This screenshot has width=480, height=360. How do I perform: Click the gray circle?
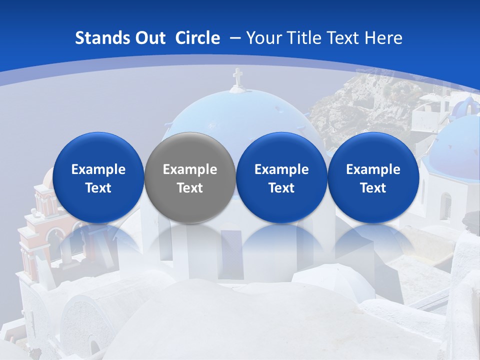coord(189,177)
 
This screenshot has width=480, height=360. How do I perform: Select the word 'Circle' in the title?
coord(197,38)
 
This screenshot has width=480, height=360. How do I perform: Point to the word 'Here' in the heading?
coord(384,38)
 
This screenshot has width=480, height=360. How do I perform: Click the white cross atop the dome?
coord(237,77)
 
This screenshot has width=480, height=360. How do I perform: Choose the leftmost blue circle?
coord(98,177)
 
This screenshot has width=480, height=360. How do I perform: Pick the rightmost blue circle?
coord(373,177)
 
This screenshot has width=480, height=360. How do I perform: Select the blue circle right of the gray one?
coord(281,177)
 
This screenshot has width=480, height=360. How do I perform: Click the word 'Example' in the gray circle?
coord(190,169)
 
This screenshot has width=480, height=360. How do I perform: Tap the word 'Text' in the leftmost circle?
coord(98,188)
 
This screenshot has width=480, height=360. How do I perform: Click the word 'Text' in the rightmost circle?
coord(373,188)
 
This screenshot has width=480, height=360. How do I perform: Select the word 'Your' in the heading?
coord(262,38)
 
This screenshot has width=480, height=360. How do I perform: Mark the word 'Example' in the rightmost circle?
coord(373,169)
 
